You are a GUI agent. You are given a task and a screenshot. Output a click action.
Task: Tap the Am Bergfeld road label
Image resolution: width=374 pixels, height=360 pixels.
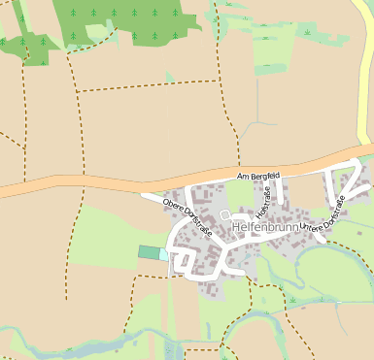[258, 175]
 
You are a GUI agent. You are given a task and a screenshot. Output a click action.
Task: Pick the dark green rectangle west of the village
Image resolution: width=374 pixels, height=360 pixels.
[149, 252]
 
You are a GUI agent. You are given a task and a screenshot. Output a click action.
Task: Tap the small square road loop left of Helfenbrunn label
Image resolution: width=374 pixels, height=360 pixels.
[224, 213]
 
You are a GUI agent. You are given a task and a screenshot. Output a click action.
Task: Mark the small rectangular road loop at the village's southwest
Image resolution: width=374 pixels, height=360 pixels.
[182, 260]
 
